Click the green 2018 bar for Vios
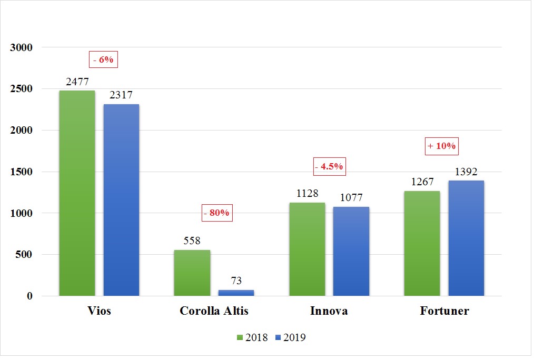[77, 193]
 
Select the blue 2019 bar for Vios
[121, 200]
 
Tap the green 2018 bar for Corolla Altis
[192, 273]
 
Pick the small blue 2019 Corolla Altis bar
[236, 293]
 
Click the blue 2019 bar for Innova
[351, 251]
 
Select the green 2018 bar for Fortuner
[422, 243]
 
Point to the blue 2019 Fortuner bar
[466, 238]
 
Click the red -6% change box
[103, 60]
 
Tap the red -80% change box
[217, 213]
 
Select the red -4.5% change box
[329, 167]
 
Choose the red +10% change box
[441, 146]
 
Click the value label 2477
[77, 82]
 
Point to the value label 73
[236, 281]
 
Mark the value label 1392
[466, 172]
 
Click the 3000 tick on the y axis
[22, 47]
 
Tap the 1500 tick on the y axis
[22, 172]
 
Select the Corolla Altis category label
[214, 311]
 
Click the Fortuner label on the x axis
[444, 311]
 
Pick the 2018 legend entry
[253, 337]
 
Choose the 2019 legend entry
[290, 337]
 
